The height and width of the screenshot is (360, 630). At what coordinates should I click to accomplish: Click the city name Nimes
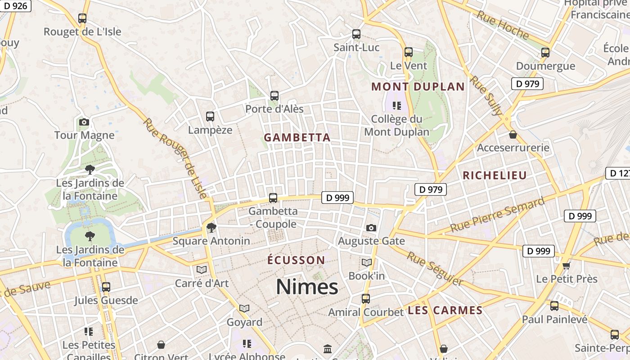tap(307, 287)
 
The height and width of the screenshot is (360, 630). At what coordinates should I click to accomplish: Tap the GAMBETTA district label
tap(297, 138)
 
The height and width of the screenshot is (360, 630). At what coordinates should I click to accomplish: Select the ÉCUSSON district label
tap(296, 260)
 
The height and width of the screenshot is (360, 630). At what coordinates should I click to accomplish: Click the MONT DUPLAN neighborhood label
tap(418, 87)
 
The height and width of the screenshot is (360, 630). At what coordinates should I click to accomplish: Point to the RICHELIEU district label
tap(495, 175)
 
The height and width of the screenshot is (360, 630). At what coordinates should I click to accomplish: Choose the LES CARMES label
tap(445, 310)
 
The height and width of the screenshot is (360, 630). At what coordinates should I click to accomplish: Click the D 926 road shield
tap(15, 6)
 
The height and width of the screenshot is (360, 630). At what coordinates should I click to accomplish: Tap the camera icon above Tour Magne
tap(84, 122)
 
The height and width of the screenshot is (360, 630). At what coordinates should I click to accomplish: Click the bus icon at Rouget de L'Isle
tap(82, 18)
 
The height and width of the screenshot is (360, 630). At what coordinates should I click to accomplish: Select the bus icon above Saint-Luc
tap(356, 34)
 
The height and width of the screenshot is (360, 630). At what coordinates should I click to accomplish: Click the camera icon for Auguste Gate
tap(371, 228)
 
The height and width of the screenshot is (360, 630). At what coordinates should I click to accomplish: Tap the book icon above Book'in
tap(367, 262)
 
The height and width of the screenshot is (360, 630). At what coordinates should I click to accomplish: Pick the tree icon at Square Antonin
tap(211, 228)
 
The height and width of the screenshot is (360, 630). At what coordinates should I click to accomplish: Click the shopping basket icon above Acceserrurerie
tap(513, 135)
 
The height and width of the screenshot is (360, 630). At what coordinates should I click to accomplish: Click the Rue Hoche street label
tap(503, 25)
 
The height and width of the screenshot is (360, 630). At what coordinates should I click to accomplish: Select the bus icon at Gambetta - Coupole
tap(273, 198)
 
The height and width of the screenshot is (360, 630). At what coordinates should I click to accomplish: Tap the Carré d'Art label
tap(202, 283)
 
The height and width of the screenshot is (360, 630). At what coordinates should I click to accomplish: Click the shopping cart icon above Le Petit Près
tap(566, 265)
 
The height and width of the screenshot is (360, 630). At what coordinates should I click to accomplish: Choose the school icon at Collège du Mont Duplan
tap(396, 106)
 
